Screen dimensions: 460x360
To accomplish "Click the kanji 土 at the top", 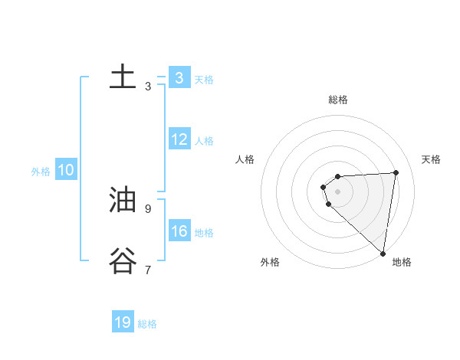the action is point(123,77).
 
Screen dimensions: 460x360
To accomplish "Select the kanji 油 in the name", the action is point(123,200).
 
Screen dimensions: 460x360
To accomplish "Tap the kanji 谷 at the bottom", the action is point(123,261).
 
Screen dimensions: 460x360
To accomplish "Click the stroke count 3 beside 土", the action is point(148,87).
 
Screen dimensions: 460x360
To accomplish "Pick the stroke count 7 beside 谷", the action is point(148,270).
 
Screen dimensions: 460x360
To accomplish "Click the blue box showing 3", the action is point(179,77).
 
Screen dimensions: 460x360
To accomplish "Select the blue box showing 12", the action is point(179,139).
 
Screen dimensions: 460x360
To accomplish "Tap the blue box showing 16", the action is point(179,231).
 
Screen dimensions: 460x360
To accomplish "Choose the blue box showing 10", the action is point(66,171).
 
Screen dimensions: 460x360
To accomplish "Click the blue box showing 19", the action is point(123,322).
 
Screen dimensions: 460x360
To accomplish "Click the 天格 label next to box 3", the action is point(204,79).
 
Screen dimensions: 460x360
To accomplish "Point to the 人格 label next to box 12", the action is point(204,141).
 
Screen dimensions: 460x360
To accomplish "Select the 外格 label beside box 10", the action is point(41,172).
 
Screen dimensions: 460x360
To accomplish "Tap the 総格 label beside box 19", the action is point(147,324).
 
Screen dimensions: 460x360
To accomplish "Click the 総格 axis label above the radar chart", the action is point(337,100).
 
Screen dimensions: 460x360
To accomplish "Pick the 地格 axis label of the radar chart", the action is point(402,263).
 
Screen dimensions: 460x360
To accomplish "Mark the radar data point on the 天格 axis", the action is point(396,172).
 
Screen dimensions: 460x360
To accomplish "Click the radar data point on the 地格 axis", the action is point(383,254).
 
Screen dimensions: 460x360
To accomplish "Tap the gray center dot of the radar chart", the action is point(337,191).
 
